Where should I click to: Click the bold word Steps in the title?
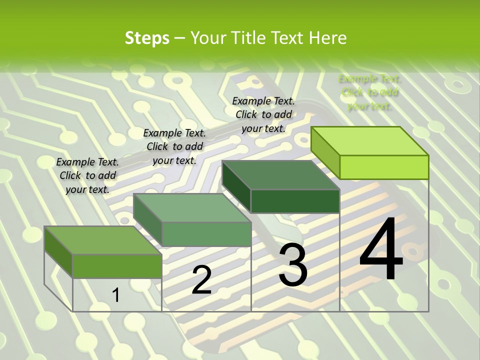click(x=147, y=38)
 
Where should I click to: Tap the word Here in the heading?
click(x=328, y=38)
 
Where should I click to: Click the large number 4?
click(x=381, y=249)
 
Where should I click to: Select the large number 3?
click(x=293, y=265)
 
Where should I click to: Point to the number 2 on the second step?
click(x=201, y=280)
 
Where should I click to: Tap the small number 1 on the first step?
click(x=116, y=295)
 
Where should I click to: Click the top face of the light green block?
click(x=370, y=140)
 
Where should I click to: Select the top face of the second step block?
click(x=192, y=208)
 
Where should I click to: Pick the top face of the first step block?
click(x=103, y=240)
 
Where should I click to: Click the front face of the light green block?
click(x=384, y=167)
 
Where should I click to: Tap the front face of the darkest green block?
click(x=295, y=201)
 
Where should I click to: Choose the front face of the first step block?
click(x=117, y=266)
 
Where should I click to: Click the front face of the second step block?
click(x=206, y=234)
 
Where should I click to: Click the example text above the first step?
click(x=87, y=175)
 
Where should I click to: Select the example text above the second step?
click(x=174, y=146)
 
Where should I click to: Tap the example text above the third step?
click(x=263, y=114)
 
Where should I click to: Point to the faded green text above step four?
click(x=369, y=92)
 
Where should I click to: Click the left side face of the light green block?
click(x=325, y=152)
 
